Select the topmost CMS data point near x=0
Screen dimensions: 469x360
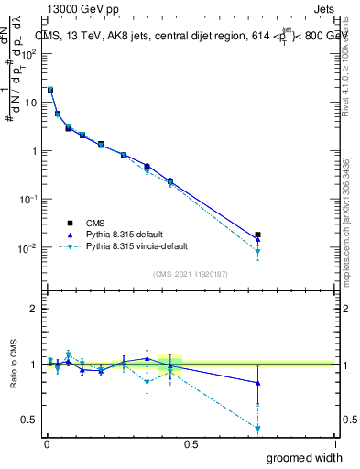point(50,90)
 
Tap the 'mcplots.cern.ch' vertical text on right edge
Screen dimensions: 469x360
point(352,266)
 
